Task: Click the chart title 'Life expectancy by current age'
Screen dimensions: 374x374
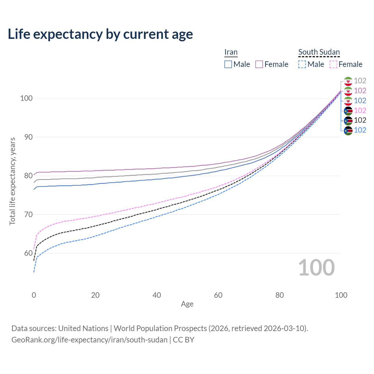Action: click(100, 34)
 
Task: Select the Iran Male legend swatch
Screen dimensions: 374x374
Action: click(228, 64)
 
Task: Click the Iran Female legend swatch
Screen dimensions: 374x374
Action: click(259, 64)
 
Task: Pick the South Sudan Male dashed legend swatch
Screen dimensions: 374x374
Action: click(302, 64)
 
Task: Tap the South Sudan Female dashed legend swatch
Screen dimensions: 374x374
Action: click(333, 64)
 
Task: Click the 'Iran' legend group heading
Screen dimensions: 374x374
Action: click(231, 52)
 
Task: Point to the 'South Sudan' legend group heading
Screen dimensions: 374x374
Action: click(319, 52)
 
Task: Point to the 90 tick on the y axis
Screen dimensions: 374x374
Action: click(26, 137)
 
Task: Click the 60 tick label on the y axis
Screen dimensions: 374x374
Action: click(26, 253)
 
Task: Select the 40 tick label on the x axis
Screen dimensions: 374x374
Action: click(157, 295)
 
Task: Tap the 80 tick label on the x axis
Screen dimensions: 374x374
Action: click(280, 295)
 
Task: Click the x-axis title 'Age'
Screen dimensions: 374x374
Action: click(187, 304)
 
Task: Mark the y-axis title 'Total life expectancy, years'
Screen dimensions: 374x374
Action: click(12, 181)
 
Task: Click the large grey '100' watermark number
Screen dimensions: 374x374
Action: click(316, 268)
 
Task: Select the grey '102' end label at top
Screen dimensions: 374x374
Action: click(360, 81)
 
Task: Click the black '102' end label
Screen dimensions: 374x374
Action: click(360, 120)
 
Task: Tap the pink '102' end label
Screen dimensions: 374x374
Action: click(360, 110)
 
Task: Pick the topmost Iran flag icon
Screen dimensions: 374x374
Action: click(348, 81)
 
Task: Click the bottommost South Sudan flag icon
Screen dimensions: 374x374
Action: click(348, 130)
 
